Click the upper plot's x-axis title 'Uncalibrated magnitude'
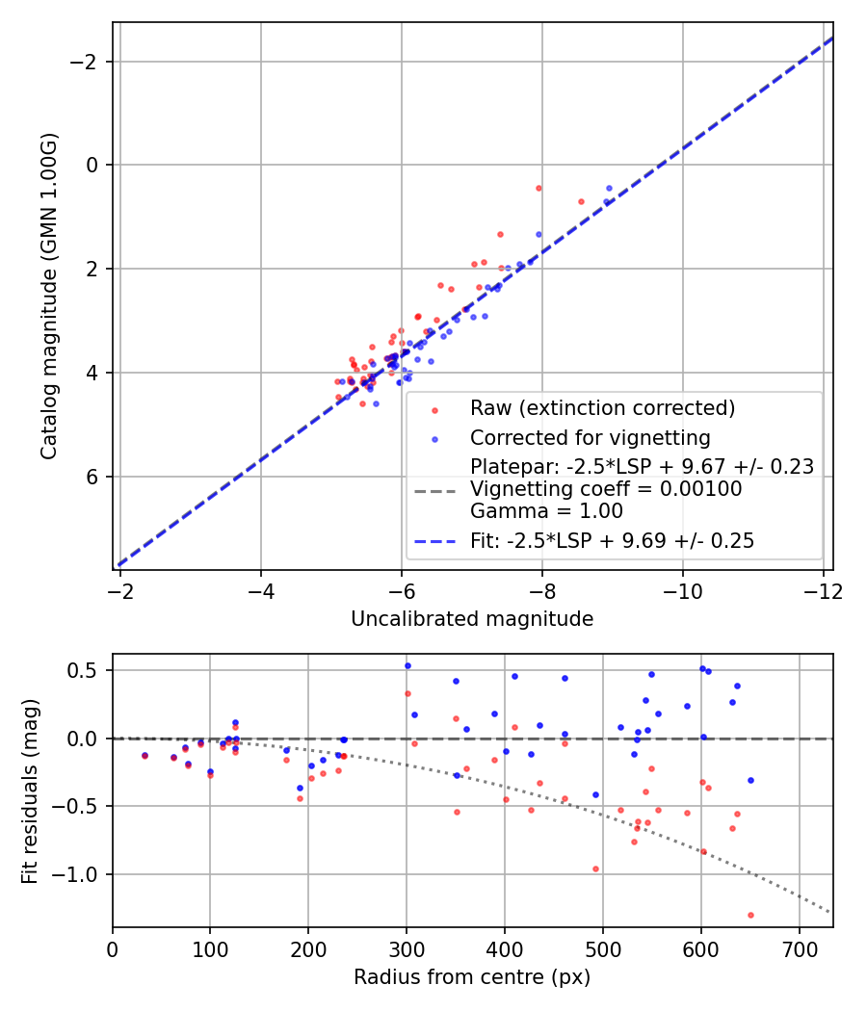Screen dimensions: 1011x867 point(471,619)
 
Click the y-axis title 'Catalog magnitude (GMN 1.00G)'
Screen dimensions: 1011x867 point(49,296)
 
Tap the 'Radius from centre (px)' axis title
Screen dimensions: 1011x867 point(471,977)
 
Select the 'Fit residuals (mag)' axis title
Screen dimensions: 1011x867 point(30,791)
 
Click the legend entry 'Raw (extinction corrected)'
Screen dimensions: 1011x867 point(602,408)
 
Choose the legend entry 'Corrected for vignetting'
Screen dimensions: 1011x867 point(590,438)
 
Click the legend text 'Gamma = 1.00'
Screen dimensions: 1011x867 point(546,511)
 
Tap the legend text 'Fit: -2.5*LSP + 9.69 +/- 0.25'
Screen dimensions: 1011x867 point(612,541)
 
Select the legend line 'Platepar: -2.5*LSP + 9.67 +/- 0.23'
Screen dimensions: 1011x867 point(642,467)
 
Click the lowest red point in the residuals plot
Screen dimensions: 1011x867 point(750,915)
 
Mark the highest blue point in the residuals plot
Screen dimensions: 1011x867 point(407,665)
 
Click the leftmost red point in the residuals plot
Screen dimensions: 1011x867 point(144,756)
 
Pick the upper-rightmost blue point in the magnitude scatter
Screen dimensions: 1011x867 point(609,189)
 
